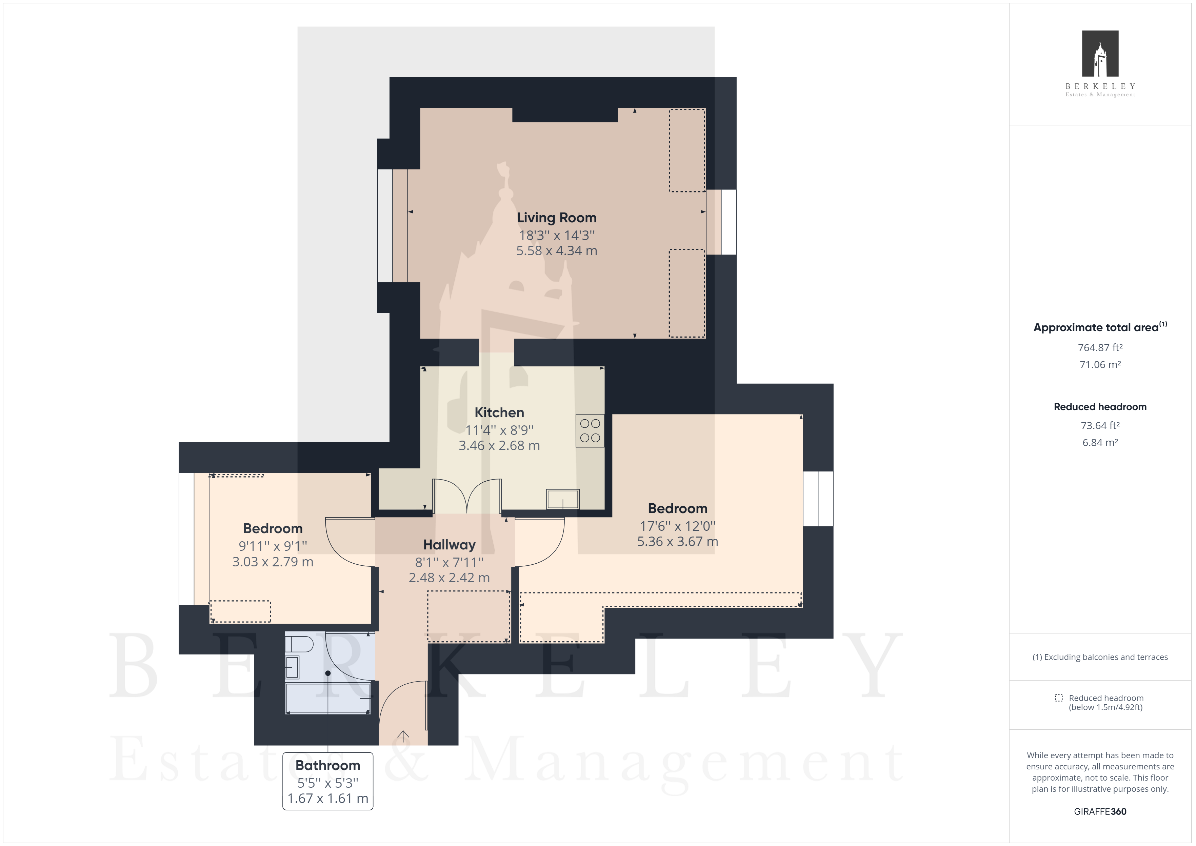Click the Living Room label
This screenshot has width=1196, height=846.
556,218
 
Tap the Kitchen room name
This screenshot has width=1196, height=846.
499,412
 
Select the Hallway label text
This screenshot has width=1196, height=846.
449,545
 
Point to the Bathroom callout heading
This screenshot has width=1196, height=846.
328,765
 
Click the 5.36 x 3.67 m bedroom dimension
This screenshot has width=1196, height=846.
677,542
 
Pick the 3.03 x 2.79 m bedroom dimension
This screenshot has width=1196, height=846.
273,562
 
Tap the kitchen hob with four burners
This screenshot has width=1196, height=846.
590,431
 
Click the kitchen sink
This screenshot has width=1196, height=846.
563,499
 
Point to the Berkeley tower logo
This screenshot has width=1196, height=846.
1100,54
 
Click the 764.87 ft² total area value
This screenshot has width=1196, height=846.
1100,347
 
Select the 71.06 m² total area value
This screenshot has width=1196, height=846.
1100,365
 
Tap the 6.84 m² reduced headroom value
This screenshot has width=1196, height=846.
1100,443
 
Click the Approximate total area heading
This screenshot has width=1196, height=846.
1100,327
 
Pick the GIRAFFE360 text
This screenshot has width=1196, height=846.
1100,812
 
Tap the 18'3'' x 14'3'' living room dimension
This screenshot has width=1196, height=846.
556,236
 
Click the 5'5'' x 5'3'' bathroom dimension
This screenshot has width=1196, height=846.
328,783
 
